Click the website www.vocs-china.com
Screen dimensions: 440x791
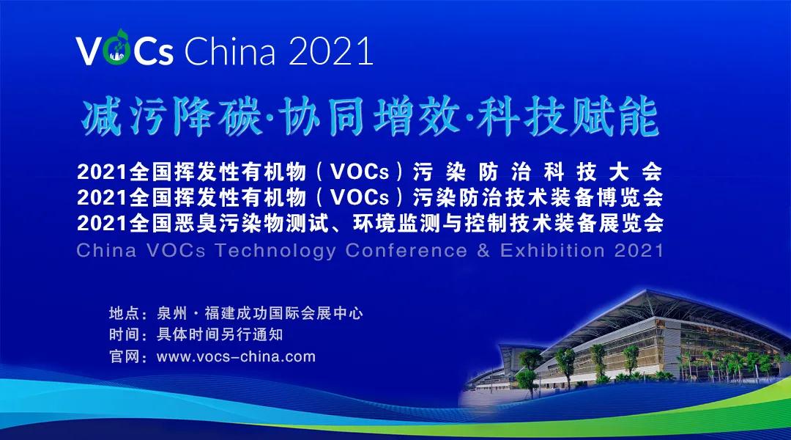[x=237, y=357]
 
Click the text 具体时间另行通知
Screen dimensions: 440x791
[x=220, y=336]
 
